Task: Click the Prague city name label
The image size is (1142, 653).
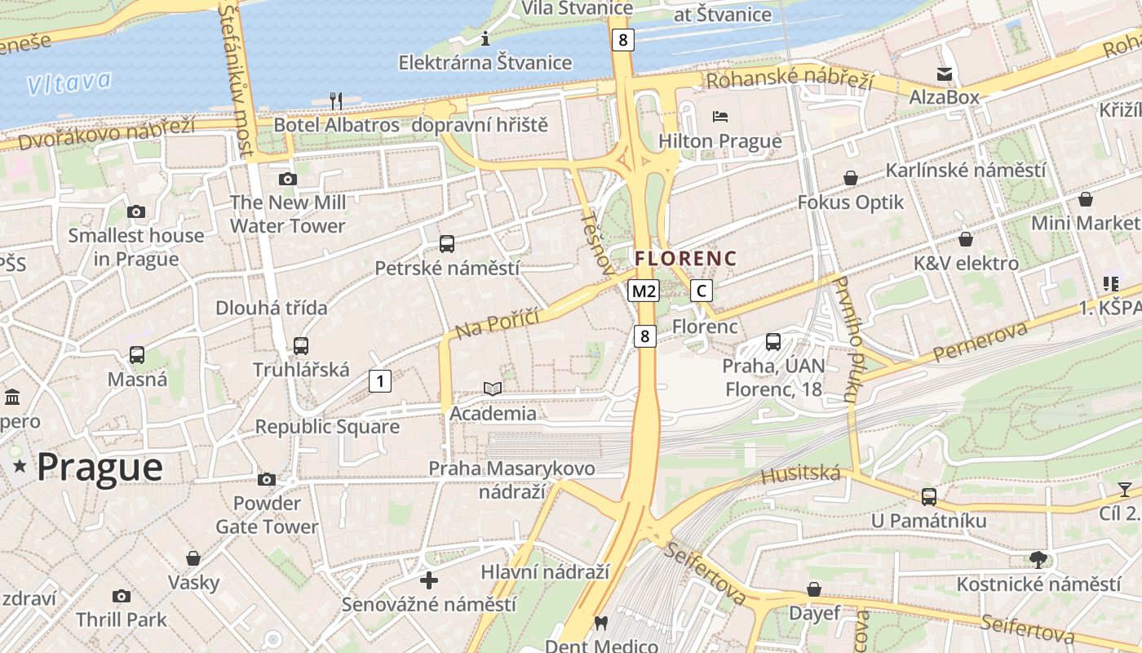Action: pos(100,468)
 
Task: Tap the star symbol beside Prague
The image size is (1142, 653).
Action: pos(20,467)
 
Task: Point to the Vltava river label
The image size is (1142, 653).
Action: pos(69,82)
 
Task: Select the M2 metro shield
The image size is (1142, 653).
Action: pos(644,291)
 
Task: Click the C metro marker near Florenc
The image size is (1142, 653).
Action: pos(701,291)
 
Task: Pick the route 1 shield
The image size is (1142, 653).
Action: pos(379,380)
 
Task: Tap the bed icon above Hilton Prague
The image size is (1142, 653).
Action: pos(719,117)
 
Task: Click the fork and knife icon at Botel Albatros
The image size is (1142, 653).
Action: pos(335,100)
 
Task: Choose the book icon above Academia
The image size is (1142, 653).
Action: pos(493,389)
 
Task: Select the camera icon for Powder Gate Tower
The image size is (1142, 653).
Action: pos(267,479)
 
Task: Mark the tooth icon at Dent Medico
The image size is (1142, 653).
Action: pos(601,623)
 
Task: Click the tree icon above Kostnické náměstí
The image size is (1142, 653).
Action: pos(1038,559)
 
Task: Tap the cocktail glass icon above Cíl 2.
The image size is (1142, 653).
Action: pos(1125,490)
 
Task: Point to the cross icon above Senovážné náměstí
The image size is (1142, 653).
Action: pos(429,580)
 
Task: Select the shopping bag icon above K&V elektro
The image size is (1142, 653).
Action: pos(966,239)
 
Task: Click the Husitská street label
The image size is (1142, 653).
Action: pos(800,473)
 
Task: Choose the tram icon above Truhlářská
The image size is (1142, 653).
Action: pos(301,345)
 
